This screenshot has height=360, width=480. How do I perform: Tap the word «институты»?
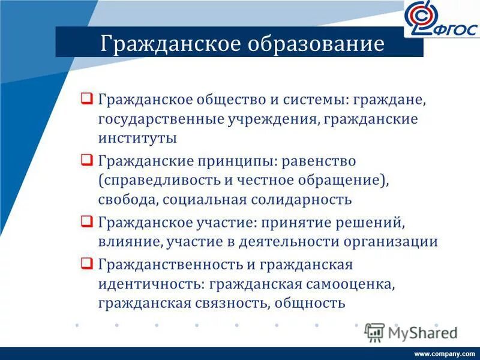pos(137,138)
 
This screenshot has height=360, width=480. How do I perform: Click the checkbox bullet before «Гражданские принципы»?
pos(86,160)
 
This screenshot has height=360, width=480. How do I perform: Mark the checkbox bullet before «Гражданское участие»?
pos(86,222)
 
